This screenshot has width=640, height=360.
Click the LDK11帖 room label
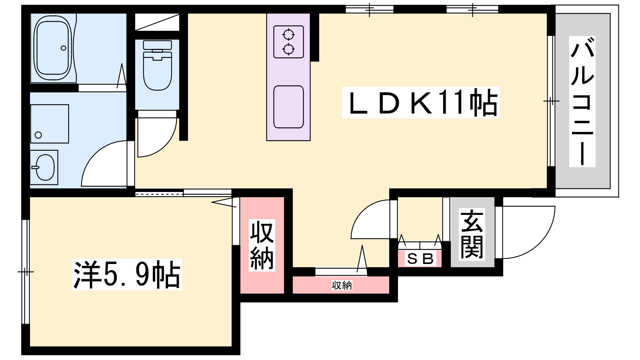(420, 102)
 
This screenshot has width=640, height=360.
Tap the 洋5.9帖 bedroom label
(127, 274)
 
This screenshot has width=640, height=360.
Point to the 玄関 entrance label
(472, 234)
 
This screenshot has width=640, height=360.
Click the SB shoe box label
(420, 259)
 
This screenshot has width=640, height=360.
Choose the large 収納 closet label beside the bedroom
(262, 245)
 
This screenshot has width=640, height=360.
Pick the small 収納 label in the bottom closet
(342, 285)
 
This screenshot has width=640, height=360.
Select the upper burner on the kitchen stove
(288, 35)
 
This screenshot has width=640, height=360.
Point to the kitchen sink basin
(288, 107)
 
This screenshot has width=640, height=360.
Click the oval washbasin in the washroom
(45, 168)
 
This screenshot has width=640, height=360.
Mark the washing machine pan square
(50, 124)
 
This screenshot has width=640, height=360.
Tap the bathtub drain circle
(64, 48)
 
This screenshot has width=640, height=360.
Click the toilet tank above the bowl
(158, 45)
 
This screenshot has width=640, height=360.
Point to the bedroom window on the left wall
(26, 272)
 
